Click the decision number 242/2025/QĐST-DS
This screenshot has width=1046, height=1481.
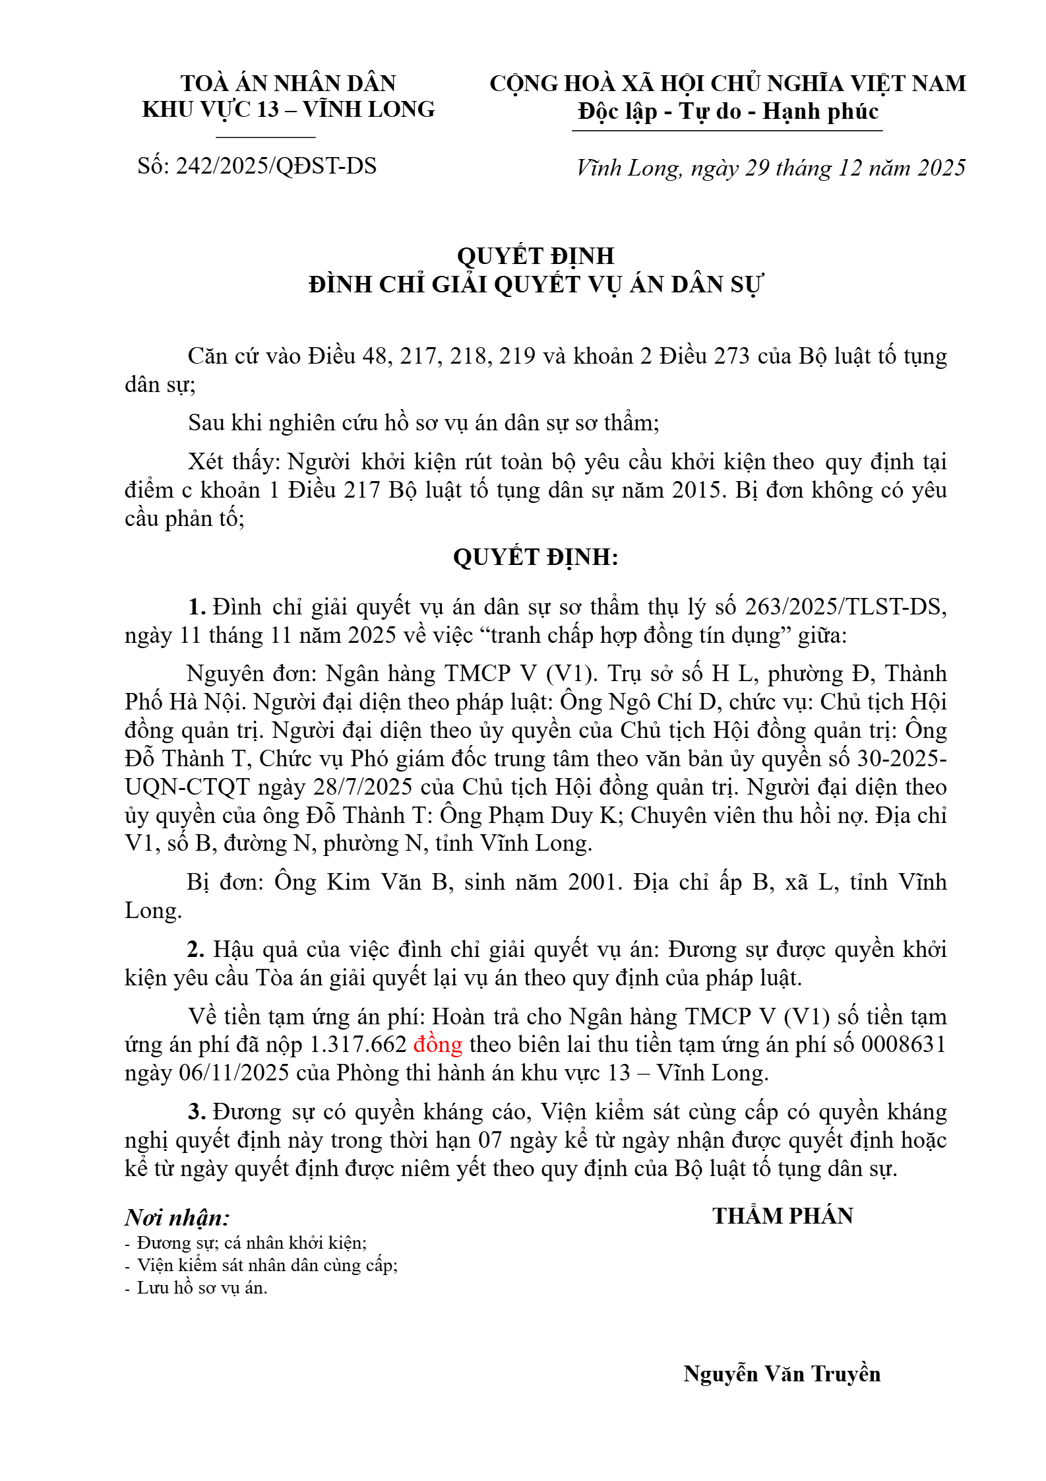(x=276, y=166)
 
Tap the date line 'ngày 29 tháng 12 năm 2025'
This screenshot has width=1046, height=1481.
(x=828, y=168)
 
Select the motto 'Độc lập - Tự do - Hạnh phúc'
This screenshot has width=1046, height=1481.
(x=728, y=112)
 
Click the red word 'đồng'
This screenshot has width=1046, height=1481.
(x=438, y=1044)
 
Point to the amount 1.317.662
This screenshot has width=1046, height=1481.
(x=358, y=1044)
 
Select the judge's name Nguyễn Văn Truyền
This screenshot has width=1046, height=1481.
(x=782, y=1373)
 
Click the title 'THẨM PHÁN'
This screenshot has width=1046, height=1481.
(x=783, y=1216)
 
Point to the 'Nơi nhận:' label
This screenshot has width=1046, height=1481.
(x=177, y=1218)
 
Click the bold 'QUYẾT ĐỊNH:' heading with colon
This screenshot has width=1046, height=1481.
(x=536, y=557)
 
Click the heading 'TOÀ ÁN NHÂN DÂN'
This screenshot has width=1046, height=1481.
(x=288, y=83)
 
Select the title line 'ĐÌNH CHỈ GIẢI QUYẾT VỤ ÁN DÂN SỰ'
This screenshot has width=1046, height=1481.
(x=536, y=284)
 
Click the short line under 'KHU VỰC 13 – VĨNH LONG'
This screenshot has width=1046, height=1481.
(x=266, y=137)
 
